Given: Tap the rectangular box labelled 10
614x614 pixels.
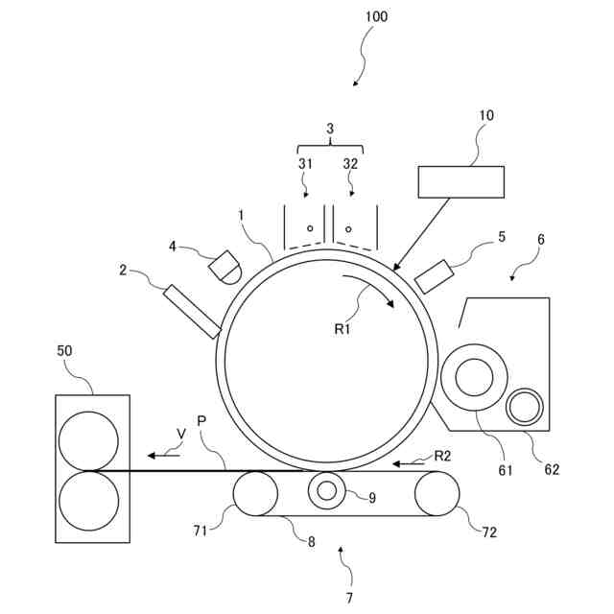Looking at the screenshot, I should pyautogui.click(x=460, y=181).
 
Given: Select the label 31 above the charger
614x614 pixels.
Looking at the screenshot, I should pyautogui.click(x=305, y=163).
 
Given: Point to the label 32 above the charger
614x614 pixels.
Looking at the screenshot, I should pyautogui.click(x=350, y=163).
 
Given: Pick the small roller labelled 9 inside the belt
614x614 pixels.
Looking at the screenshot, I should pyautogui.click(x=327, y=491).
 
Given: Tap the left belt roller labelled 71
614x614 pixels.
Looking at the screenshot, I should pyautogui.click(x=254, y=493).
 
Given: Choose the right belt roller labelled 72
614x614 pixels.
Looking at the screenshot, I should pyautogui.click(x=437, y=493).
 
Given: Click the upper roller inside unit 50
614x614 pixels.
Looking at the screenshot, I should pyautogui.click(x=88, y=440).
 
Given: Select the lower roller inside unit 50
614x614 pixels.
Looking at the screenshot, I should pyautogui.click(x=88, y=500).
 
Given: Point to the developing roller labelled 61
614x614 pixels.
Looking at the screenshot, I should pyautogui.click(x=474, y=378).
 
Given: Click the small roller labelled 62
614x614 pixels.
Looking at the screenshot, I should pyautogui.click(x=525, y=408).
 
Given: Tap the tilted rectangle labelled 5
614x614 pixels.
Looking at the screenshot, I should pyautogui.click(x=434, y=276).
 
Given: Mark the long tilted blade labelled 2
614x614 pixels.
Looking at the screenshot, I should pyautogui.click(x=192, y=311).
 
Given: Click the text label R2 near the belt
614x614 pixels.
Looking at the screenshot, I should pyautogui.click(x=442, y=456).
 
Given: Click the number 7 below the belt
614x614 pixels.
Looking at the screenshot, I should pyautogui.click(x=350, y=598).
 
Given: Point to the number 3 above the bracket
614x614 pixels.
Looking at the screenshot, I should pyautogui.click(x=330, y=128).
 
